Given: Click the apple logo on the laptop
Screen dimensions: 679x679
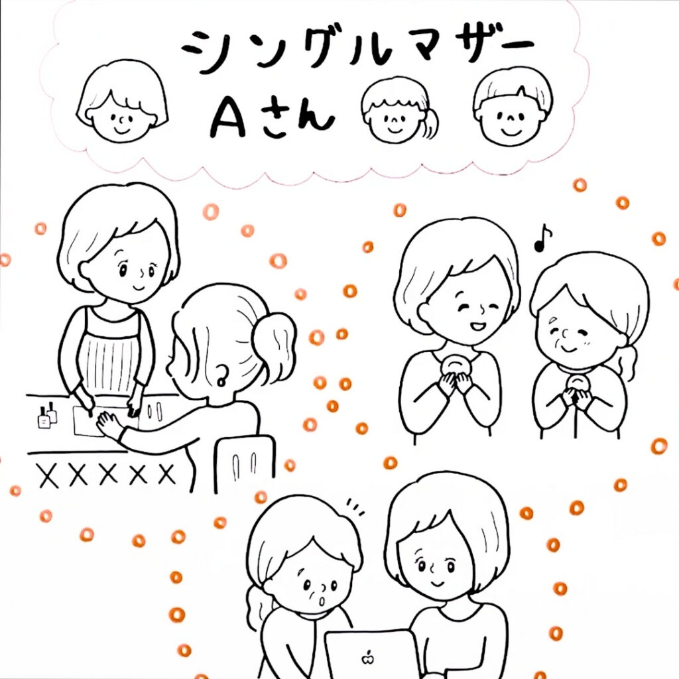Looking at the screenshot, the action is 367,658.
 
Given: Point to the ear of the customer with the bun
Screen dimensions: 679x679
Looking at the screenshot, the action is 221,375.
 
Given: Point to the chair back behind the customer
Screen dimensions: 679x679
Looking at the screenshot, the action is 245,464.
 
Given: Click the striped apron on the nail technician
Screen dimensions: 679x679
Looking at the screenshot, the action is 109,350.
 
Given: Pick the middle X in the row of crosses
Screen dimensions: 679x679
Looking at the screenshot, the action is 108,473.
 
